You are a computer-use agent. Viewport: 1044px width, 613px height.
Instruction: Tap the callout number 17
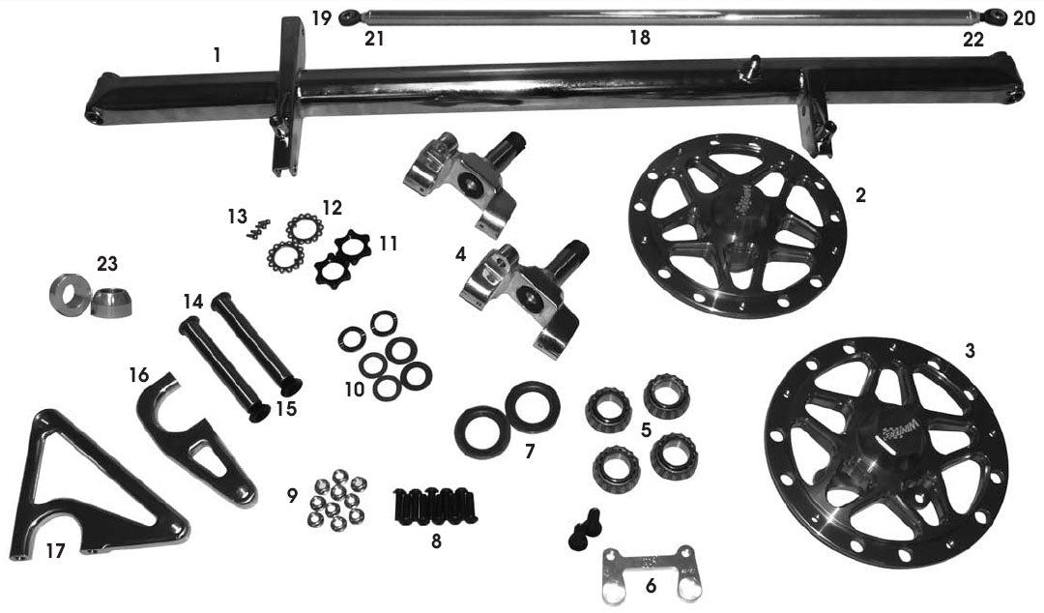[x=57, y=550]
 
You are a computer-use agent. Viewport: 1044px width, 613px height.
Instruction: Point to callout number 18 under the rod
[x=639, y=39]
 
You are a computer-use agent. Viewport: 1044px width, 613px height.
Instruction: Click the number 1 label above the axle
[x=217, y=55]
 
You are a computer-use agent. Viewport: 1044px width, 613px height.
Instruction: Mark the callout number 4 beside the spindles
[x=462, y=255]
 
